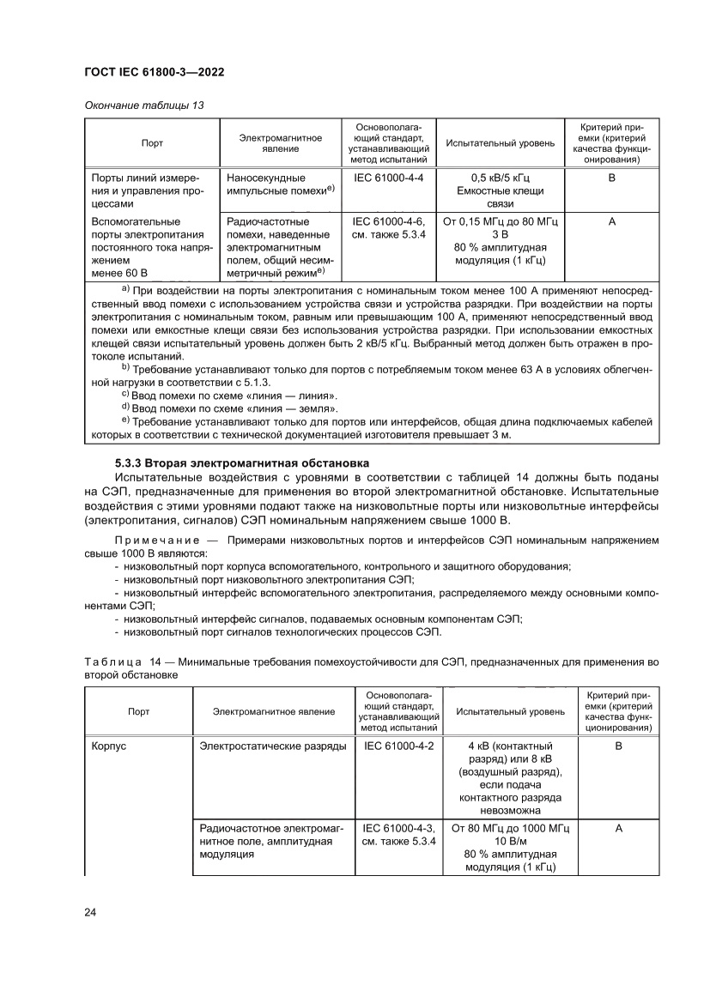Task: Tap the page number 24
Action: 90,911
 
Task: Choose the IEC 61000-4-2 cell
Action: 398,746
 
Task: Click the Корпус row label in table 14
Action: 109,746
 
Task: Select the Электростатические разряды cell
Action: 273,746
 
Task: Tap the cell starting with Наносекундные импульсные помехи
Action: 281,183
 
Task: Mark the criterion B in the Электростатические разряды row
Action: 618,746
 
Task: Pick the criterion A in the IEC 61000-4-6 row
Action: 612,221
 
